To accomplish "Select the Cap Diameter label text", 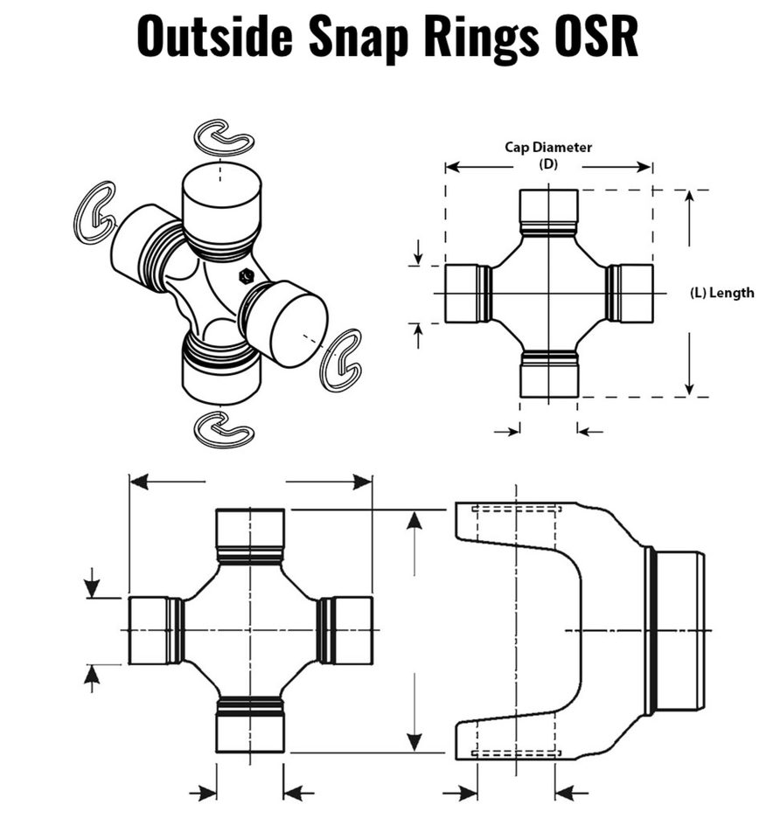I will coord(548,147).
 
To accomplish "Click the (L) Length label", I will coord(721,293).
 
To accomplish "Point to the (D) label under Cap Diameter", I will coord(548,163).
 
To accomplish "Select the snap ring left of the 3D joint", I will coord(94,211).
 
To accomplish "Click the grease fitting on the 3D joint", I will coord(246,277).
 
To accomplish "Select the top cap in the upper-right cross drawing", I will coord(548,207).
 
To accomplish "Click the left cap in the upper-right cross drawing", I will coord(463,293).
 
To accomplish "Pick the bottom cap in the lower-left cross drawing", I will coord(250,729).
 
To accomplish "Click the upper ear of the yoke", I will coord(516,524).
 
